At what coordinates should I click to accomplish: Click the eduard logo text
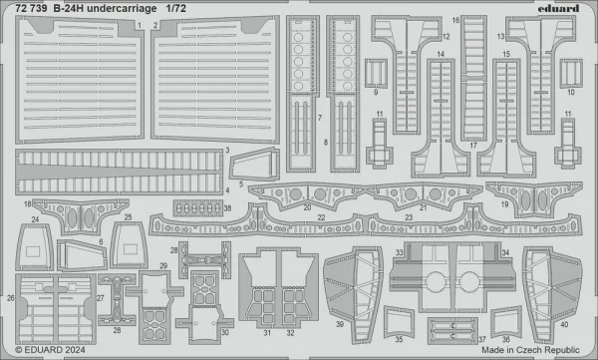(x=558, y=8)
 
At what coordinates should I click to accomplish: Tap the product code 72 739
(x=31, y=8)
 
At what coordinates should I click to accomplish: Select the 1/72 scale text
(x=175, y=8)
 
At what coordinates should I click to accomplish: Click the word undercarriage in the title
(x=122, y=9)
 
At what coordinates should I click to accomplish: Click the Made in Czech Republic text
(x=530, y=350)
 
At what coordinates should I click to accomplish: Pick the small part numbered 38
(x=198, y=208)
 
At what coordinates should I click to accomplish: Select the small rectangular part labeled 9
(x=376, y=74)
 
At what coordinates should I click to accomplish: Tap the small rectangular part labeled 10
(x=571, y=74)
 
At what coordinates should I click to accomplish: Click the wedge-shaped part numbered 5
(x=254, y=165)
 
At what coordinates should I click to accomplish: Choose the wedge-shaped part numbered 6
(x=82, y=255)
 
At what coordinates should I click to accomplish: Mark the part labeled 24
(x=34, y=247)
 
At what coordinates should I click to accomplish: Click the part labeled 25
(x=129, y=245)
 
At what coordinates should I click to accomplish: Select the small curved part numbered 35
(x=399, y=321)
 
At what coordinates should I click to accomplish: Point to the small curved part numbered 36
(x=505, y=321)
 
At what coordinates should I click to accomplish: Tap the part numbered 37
(x=452, y=331)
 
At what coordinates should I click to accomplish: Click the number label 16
(x=455, y=20)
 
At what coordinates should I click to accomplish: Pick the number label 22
(x=322, y=217)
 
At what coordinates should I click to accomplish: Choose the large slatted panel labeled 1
(x=80, y=80)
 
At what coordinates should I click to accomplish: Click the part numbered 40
(x=552, y=294)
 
